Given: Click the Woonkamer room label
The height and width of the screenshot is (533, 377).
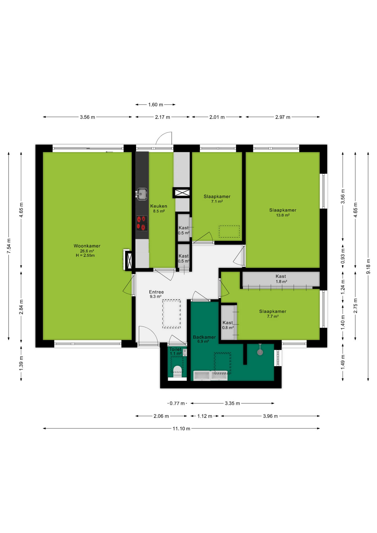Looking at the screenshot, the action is pyautogui.click(x=87, y=246).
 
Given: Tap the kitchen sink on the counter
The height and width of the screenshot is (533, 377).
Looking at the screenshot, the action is pyautogui.click(x=142, y=194).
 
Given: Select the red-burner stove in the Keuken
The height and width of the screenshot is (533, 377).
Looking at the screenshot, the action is pyautogui.click(x=142, y=223).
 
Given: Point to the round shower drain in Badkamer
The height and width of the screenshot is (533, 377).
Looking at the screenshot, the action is pyautogui.click(x=260, y=352).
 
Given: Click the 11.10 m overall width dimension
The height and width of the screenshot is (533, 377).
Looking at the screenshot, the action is pyautogui.click(x=181, y=428).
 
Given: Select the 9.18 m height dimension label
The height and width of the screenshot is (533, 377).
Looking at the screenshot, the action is pyautogui.click(x=368, y=266).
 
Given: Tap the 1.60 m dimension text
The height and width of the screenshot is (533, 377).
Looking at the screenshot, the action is pyautogui.click(x=155, y=105).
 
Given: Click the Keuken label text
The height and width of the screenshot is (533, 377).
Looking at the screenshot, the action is pyautogui.click(x=159, y=206).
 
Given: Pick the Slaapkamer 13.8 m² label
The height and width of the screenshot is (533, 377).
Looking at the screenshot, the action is pyautogui.click(x=283, y=212).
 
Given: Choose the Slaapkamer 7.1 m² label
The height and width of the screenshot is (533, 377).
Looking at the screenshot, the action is pyautogui.click(x=217, y=199).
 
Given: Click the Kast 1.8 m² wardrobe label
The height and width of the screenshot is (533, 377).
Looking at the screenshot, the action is pyautogui.click(x=281, y=279).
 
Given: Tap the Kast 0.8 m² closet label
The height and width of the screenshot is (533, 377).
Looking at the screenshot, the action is pyautogui.click(x=228, y=325).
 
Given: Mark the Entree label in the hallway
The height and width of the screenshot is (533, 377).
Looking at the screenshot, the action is pyautogui.click(x=156, y=292).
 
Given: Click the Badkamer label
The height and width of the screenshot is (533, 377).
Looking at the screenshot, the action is pyautogui.click(x=204, y=337).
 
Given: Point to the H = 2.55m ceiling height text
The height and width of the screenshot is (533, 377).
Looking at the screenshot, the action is pyautogui.click(x=85, y=255).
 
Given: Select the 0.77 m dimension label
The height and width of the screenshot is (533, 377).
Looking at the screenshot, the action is pyautogui.click(x=177, y=403).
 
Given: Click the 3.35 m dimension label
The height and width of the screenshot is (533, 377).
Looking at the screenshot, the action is pyautogui.click(x=232, y=403).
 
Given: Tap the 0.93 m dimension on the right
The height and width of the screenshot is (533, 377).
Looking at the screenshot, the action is pyautogui.click(x=343, y=256).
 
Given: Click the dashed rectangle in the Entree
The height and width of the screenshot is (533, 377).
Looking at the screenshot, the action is pyautogui.click(x=172, y=314).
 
